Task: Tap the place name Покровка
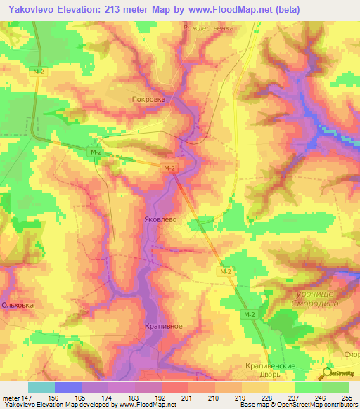tap(148, 100)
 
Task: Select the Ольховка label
tap(18, 306)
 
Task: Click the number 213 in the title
tap(120, 10)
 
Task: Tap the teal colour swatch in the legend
tap(41, 387)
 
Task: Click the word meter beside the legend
tap(11, 397)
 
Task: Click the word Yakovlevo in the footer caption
tap(19, 405)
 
